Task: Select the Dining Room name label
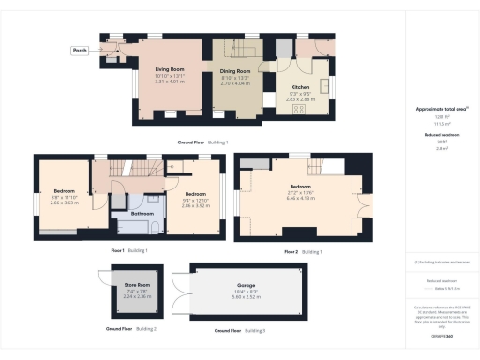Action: tap(236, 71)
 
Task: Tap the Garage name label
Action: tap(245, 285)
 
